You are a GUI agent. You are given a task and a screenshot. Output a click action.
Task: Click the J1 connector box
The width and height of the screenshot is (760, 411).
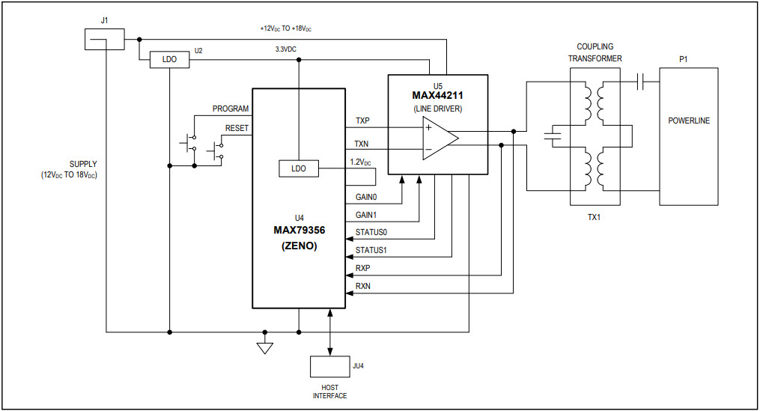tap(105, 40)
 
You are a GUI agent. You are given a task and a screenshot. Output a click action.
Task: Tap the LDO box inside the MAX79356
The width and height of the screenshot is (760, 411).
tap(298, 168)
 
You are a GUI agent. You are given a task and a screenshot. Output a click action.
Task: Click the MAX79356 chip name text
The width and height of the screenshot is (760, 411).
tap(299, 231)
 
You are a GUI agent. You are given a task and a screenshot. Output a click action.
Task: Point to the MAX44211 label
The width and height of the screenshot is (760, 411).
tap(437, 95)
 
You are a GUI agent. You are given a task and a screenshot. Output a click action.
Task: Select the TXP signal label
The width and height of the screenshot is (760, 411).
tap(362, 121)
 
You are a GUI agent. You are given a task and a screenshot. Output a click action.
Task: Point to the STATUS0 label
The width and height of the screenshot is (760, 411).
tap(372, 232)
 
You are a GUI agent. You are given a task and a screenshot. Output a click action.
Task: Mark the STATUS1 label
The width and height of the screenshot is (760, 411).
tap(372, 250)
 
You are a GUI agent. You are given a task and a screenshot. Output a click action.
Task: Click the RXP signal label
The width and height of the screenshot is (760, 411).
tap(363, 267)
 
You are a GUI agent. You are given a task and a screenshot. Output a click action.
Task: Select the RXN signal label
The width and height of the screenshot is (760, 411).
tap(363, 286)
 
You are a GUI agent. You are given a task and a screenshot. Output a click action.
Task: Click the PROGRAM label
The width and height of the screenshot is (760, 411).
tap(231, 109)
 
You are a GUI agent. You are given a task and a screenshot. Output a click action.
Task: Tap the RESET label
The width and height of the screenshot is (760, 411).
tap(237, 128)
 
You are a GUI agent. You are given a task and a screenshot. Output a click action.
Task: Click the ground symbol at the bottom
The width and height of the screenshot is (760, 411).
tap(264, 347)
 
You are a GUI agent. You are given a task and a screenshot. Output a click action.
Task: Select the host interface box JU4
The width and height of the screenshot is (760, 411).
tap(329, 367)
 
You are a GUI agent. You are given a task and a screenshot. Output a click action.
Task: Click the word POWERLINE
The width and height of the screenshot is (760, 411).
tap(688, 121)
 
